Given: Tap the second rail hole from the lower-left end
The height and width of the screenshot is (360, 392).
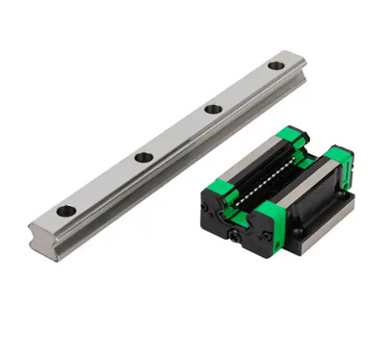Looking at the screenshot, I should [144, 156].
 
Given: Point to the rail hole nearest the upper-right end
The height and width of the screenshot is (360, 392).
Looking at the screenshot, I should [275, 65].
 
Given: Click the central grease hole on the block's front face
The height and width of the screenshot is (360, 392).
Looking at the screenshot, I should [236, 231].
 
